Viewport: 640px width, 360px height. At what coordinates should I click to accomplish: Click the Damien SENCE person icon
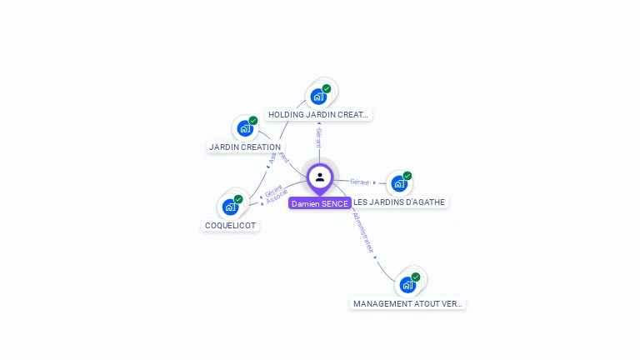click(320, 177)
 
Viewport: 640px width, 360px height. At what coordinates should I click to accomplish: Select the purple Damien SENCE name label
click(320, 203)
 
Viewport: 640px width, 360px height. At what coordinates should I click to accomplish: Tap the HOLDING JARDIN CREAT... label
click(318, 115)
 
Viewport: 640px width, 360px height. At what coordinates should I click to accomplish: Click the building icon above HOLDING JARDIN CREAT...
click(318, 97)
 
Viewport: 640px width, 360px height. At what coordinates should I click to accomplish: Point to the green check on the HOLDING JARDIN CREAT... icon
click(327, 88)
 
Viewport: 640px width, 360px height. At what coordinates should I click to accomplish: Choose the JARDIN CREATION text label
click(245, 147)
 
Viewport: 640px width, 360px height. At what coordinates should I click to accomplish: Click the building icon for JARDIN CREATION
click(244, 128)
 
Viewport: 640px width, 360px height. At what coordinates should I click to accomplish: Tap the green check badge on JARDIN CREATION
click(253, 121)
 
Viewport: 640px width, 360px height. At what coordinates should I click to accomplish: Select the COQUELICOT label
click(231, 226)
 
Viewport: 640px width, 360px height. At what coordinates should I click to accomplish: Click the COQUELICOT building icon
click(230, 207)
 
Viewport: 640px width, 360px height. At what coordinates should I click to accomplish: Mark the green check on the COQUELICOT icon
click(238, 199)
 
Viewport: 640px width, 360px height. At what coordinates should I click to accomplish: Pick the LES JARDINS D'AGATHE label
click(399, 202)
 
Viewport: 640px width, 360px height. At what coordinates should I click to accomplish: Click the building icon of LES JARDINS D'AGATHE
click(399, 183)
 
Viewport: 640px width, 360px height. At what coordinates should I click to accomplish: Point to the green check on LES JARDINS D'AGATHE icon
click(407, 176)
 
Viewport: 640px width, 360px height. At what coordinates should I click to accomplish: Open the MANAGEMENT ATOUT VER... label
click(407, 304)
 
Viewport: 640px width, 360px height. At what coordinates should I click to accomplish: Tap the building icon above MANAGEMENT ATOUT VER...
click(407, 285)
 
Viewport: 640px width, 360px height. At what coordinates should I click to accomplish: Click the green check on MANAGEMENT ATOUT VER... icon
click(416, 277)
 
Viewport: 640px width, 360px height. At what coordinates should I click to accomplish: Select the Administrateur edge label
click(363, 232)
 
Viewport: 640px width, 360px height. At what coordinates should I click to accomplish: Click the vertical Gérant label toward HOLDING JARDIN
click(318, 138)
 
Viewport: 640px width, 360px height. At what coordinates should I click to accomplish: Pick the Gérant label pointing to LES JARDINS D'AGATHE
click(360, 182)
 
